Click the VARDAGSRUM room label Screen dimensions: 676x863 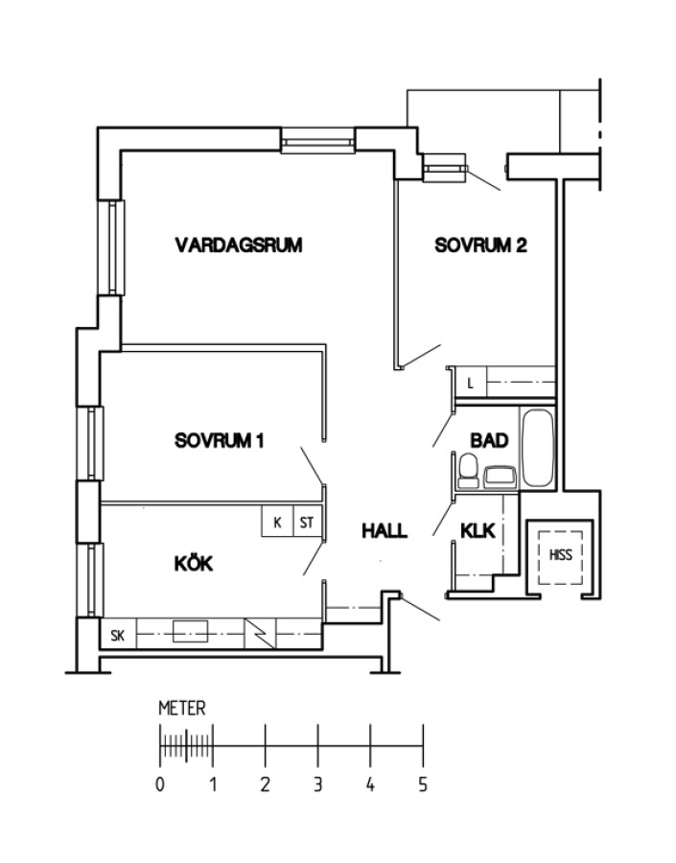coord(239,245)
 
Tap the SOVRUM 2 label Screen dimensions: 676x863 coord(480,245)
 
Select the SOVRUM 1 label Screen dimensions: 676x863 coord(219,441)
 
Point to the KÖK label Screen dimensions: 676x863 coord(194,563)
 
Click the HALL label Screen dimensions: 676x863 coord(385,530)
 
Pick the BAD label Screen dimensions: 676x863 coord(489,440)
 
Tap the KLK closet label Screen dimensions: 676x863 coord(478,531)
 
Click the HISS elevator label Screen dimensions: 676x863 coord(560,555)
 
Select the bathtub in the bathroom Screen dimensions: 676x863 coord(537,448)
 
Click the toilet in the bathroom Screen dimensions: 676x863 coord(469,471)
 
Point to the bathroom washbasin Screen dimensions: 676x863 coord(500,477)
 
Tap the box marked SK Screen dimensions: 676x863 coord(118,635)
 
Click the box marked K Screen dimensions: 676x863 coord(277,522)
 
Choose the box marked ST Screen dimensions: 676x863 coord(307,522)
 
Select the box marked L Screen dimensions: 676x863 coord(471,383)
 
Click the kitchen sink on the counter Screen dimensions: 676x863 coord(191,632)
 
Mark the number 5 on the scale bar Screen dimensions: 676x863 coord(423,784)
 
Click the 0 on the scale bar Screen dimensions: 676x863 coord(160,784)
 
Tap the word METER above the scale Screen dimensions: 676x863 coord(182,708)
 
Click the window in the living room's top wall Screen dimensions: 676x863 coord(317,142)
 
